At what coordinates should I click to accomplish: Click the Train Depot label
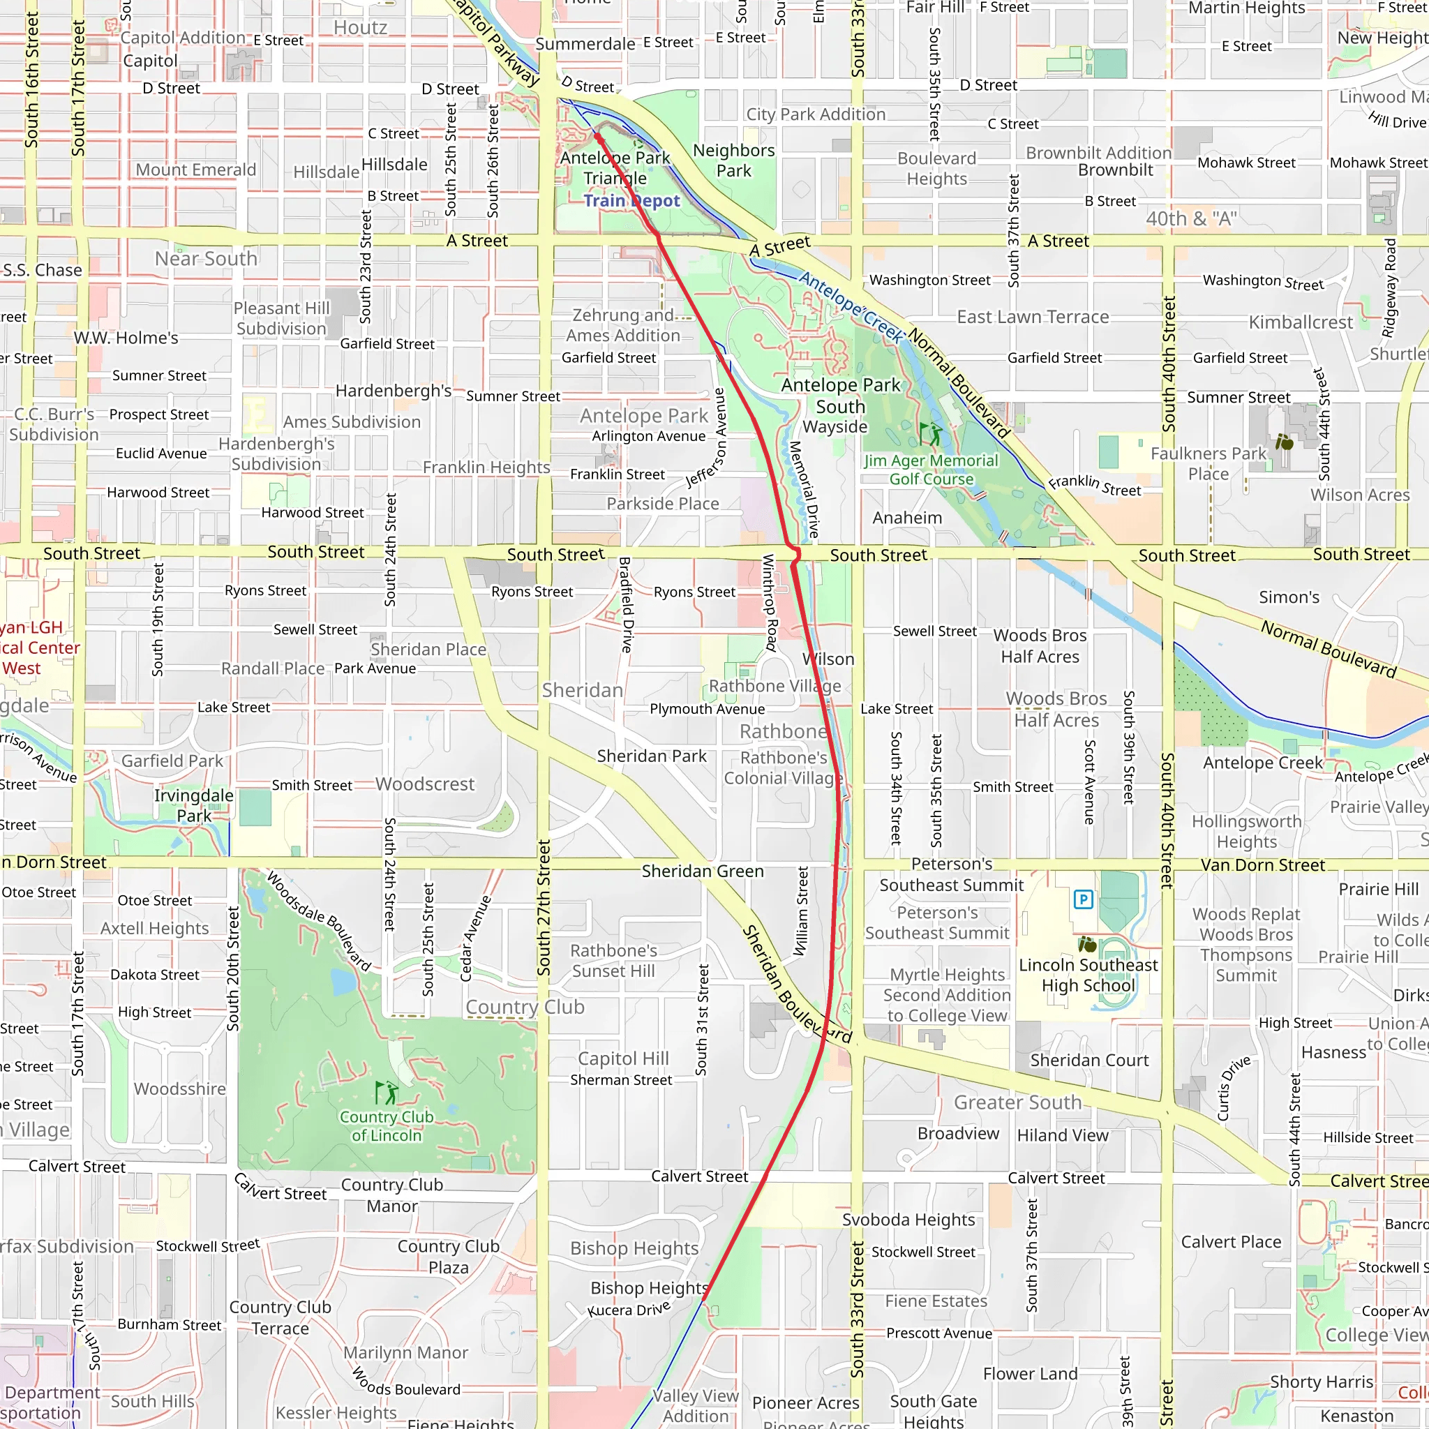coord(631,201)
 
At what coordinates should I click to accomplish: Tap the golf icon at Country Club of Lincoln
coord(385,1093)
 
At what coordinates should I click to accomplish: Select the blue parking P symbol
coord(1083,899)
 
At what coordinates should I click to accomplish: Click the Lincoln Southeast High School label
coord(1088,975)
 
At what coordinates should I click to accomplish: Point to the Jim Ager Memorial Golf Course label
coord(932,470)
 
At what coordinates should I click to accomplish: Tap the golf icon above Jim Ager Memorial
coord(931,434)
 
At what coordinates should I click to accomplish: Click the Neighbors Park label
coord(734,160)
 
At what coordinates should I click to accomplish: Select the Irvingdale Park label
coord(194,805)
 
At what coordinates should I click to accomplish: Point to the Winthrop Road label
coord(769,603)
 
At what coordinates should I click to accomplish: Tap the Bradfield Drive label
coord(626,605)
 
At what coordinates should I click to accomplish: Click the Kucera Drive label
coord(629,1308)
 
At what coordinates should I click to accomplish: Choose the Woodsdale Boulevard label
coord(319,922)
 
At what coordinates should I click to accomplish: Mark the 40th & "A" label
coord(1191,219)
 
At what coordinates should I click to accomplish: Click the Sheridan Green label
coord(702,871)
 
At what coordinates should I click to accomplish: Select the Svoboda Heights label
coord(908,1220)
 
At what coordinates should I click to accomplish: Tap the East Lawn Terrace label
coord(1033,317)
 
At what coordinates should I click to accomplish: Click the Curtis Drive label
coord(1234,1088)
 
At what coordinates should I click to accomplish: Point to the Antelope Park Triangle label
coord(615,168)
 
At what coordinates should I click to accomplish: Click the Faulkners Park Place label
coord(1209,464)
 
